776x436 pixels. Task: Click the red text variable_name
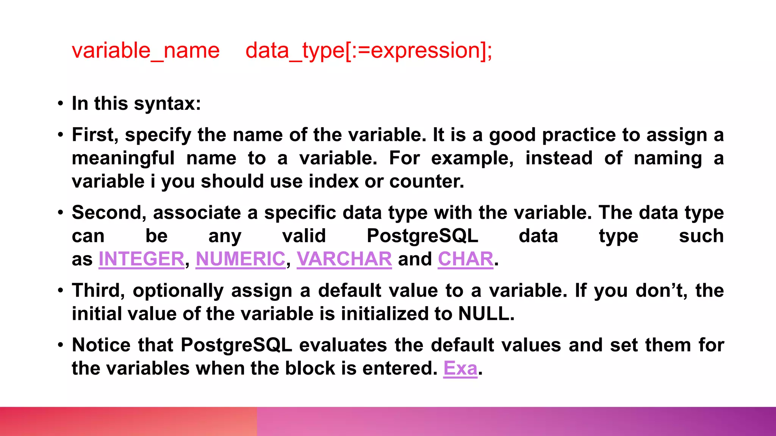(x=145, y=51)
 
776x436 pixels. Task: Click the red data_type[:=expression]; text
(x=368, y=51)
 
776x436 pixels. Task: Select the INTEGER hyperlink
(x=141, y=259)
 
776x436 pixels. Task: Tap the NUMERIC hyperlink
(x=240, y=259)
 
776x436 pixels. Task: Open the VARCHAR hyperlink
(x=344, y=259)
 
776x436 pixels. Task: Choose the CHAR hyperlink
(x=465, y=259)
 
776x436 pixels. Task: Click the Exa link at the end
(x=460, y=368)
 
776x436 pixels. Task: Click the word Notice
(x=102, y=345)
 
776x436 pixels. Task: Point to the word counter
(x=426, y=182)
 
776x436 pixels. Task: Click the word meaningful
(x=123, y=158)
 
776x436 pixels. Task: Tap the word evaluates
(x=343, y=345)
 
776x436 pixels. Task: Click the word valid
(x=304, y=236)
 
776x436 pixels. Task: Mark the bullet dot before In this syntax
(x=61, y=104)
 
